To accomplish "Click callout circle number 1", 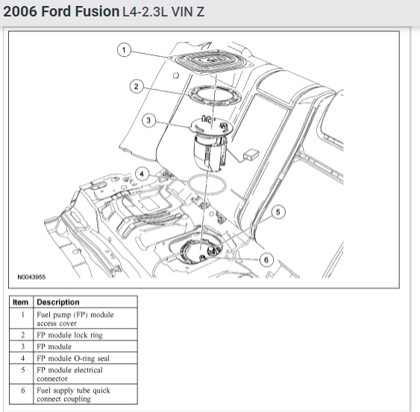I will pos(125,50).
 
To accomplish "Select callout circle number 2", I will pos(136,86).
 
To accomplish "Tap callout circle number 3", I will pos(149,120).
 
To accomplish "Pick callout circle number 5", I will pos(277,213).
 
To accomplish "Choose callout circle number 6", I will pos(266,259).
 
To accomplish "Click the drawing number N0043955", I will pos(31,276).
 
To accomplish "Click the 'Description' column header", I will pos(57,302).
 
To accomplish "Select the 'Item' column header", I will pos(21,302).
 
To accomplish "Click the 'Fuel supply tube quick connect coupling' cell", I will pos(75,394).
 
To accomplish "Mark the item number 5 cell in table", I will pos(22,369).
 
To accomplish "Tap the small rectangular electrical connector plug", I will pos(251,155).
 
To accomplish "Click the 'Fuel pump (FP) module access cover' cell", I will pos(75,319).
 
